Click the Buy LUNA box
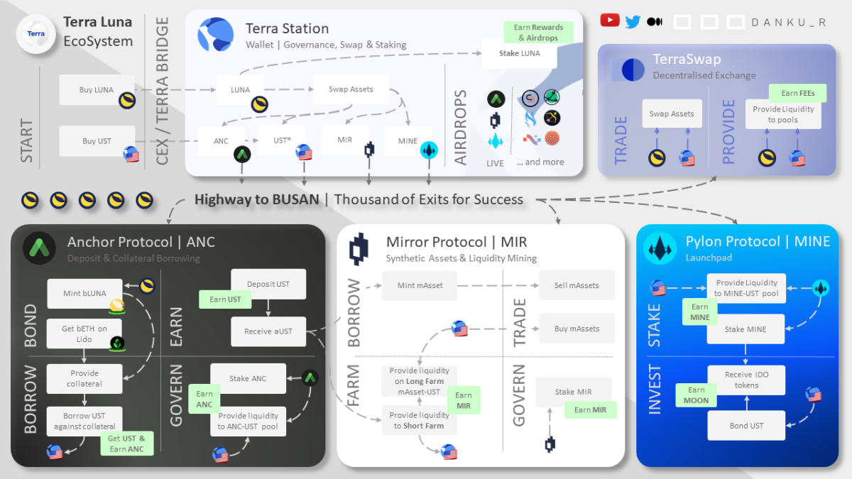(x=97, y=90)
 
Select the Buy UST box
(x=97, y=141)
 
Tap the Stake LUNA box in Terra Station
(x=519, y=53)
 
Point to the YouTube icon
(x=609, y=21)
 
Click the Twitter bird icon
(x=633, y=21)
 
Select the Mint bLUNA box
(x=84, y=294)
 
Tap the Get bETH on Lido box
(x=84, y=334)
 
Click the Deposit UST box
(x=268, y=284)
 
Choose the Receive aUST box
(x=268, y=331)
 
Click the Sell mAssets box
(x=577, y=285)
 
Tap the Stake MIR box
(x=574, y=392)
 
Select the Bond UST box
(x=746, y=426)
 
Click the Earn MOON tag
(x=696, y=395)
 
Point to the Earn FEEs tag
(x=798, y=93)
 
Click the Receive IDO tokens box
(x=746, y=380)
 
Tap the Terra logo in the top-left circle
(x=35, y=33)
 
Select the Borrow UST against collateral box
(x=84, y=421)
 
